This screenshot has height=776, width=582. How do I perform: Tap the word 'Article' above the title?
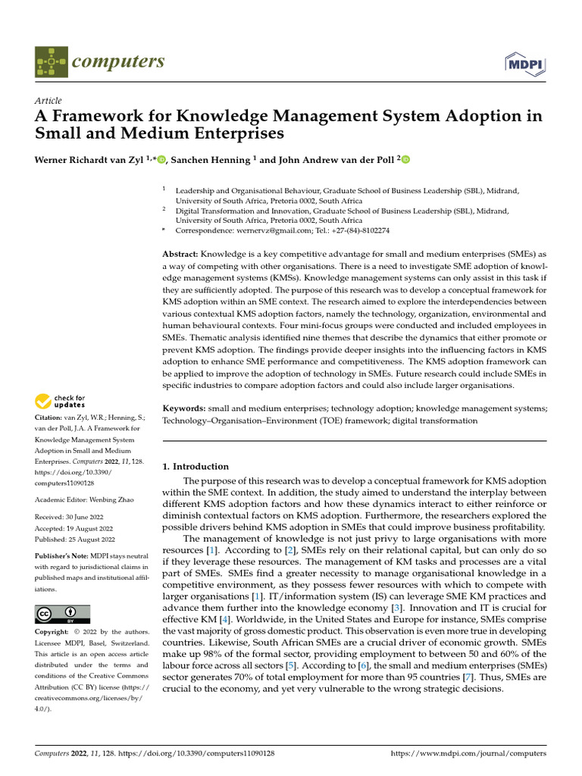(x=48, y=101)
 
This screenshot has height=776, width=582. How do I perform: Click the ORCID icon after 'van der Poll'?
(x=405, y=159)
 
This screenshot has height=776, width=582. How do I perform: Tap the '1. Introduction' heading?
(x=196, y=466)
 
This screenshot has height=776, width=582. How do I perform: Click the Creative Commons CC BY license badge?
(x=62, y=613)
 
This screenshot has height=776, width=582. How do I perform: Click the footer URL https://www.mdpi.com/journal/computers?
(x=468, y=754)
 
